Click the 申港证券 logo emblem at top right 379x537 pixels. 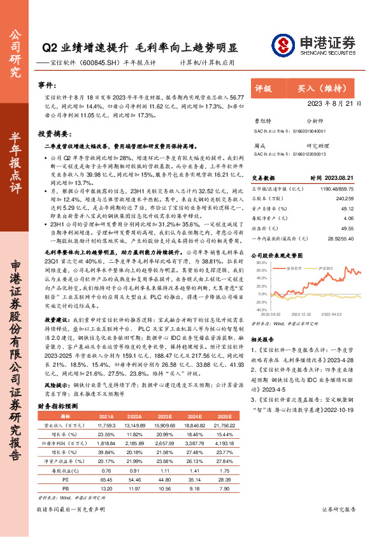(x=294, y=45)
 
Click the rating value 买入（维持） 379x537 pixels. (x=325, y=89)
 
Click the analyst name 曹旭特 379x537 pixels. (x=262, y=120)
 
